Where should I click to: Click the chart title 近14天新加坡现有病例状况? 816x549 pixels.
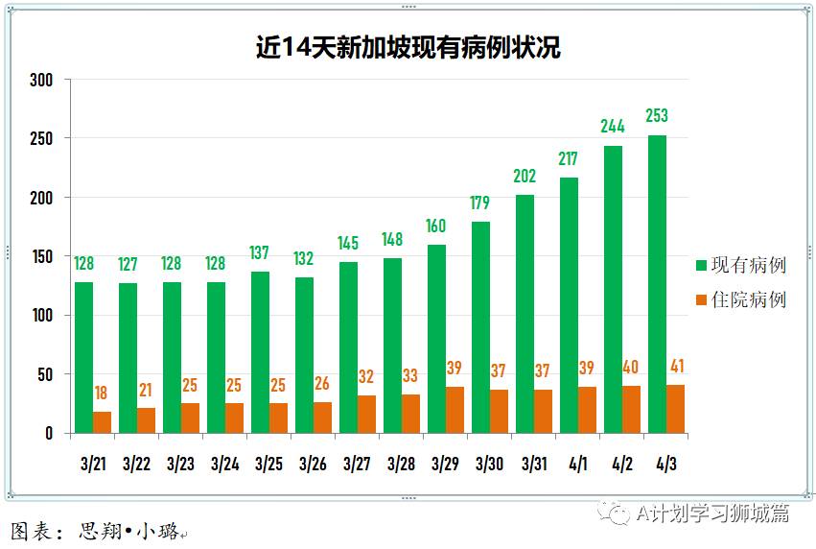point(408,47)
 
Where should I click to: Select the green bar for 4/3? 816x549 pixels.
point(657,284)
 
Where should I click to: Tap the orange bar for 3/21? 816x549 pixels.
point(102,422)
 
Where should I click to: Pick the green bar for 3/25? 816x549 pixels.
point(260,352)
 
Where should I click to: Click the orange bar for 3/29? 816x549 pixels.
point(455,410)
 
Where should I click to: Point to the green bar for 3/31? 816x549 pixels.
point(525,314)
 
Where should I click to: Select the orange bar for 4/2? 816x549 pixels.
point(631,409)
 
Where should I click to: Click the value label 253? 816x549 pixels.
point(657,116)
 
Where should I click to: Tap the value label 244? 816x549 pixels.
point(613,127)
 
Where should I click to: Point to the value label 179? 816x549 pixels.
point(480,203)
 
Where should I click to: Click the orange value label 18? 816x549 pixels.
point(102,393)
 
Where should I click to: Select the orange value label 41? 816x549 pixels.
point(675,366)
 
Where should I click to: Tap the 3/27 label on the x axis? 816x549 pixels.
point(357,465)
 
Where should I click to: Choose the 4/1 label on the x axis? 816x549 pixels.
point(577,465)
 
